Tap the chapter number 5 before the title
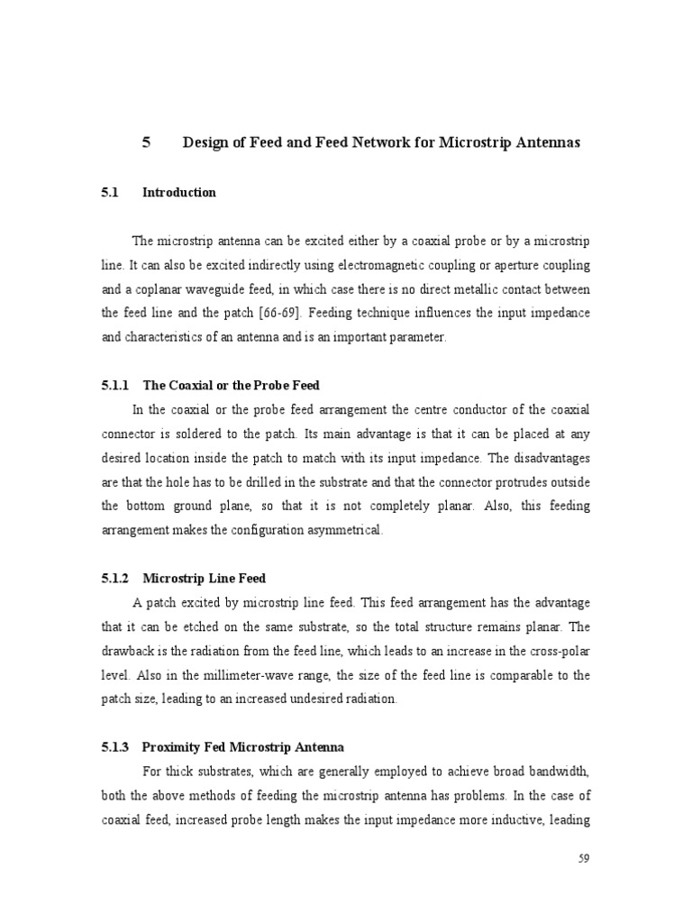[146, 142]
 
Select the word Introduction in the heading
[179, 192]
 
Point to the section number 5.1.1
[115, 385]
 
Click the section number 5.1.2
[115, 578]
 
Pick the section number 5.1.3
[115, 747]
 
